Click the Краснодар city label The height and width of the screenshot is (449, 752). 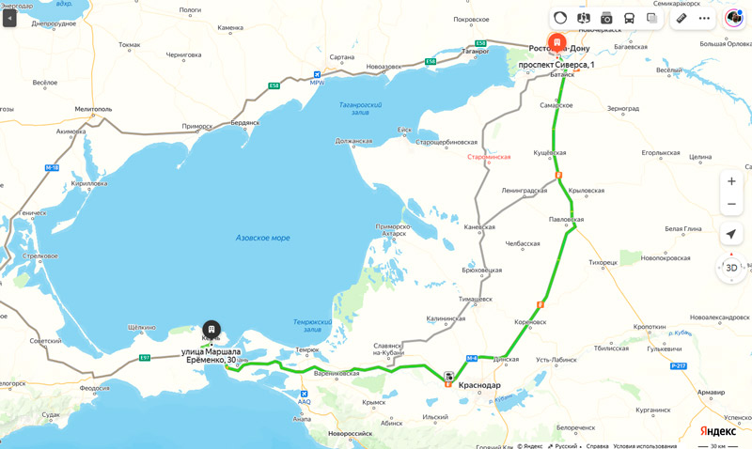pos(479,385)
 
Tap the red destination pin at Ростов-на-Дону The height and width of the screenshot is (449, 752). pos(557,43)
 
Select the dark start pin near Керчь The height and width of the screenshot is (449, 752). pos(211,330)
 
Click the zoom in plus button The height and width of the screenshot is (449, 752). pos(731,181)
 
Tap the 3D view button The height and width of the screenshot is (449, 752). pos(731,268)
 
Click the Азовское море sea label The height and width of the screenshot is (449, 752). pos(262,239)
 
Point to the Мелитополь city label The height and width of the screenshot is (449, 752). pos(87,109)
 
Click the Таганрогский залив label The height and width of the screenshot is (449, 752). pos(360,108)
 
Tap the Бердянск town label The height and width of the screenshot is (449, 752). pos(243,123)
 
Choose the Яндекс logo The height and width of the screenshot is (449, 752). pos(717,430)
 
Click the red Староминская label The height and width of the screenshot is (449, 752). pos(489,157)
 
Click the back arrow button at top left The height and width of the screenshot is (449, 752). pos(9,18)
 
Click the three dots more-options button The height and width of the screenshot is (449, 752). pos(704,18)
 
